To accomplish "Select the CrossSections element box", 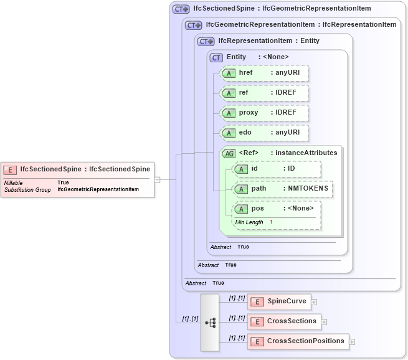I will point(283,321).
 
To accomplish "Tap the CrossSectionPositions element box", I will point(297,341).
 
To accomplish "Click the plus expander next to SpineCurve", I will point(314,302).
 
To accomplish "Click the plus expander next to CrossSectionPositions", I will point(352,342).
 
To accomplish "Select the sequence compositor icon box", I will point(210,322).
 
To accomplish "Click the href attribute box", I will point(265,73).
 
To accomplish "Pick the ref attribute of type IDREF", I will point(265,93).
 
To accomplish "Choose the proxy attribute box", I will point(265,113).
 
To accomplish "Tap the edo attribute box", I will point(265,133).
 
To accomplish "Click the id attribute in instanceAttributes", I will point(277,169).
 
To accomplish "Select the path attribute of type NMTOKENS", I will point(282,189).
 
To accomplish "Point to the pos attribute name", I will point(257,208).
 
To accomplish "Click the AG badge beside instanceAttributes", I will point(229,153).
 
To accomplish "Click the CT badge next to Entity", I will point(216,57).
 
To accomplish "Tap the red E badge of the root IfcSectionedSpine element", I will point(10,169).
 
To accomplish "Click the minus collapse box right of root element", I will point(158,179).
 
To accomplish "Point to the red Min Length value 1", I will point(271,222).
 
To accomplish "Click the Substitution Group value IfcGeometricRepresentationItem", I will point(98,189).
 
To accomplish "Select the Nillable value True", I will point(63,182).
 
